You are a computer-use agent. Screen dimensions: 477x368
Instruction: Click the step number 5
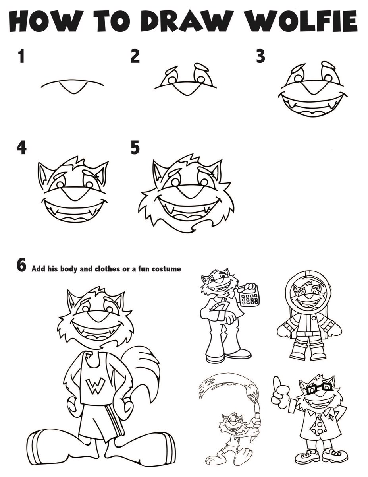tap(135, 148)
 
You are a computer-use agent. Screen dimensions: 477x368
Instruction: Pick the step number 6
tap(21, 266)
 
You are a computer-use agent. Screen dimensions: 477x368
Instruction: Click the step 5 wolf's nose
tap(186, 192)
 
